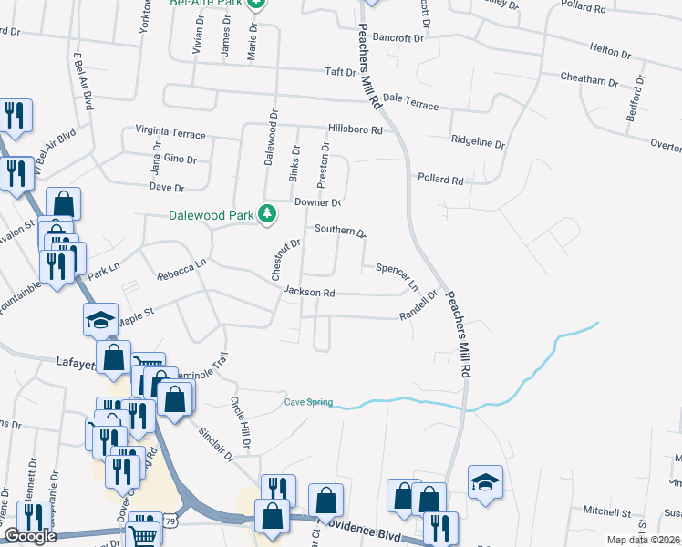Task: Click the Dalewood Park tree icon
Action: click(267, 214)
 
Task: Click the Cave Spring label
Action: click(308, 402)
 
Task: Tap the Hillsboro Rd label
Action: click(356, 130)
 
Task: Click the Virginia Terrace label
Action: click(170, 133)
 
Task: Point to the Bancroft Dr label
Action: click(399, 39)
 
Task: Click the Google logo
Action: click(30, 536)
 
